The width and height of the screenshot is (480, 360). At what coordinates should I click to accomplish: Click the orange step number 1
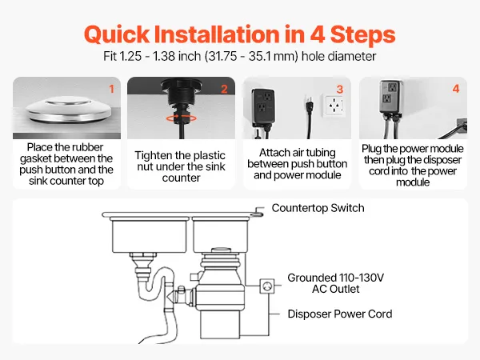(112, 89)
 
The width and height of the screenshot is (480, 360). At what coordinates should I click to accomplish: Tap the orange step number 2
(224, 89)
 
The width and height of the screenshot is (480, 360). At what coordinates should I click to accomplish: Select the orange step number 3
(340, 90)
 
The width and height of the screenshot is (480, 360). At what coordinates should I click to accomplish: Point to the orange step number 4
(456, 89)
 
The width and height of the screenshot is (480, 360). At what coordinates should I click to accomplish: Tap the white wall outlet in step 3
(335, 106)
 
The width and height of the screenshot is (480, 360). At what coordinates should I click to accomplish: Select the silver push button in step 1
(68, 110)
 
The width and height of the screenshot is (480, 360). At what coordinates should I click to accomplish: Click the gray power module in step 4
(390, 97)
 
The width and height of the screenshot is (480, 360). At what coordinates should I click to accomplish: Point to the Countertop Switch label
(318, 208)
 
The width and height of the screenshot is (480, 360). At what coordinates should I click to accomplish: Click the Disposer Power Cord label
(340, 314)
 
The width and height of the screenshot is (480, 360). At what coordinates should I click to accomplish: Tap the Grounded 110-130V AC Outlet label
(335, 283)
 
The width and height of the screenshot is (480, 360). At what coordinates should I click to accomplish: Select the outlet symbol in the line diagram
(267, 286)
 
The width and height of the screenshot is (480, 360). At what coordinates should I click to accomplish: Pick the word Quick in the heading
(117, 34)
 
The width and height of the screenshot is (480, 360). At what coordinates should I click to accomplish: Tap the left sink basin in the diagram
(149, 235)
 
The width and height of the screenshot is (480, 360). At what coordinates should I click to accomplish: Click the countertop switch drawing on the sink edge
(258, 211)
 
